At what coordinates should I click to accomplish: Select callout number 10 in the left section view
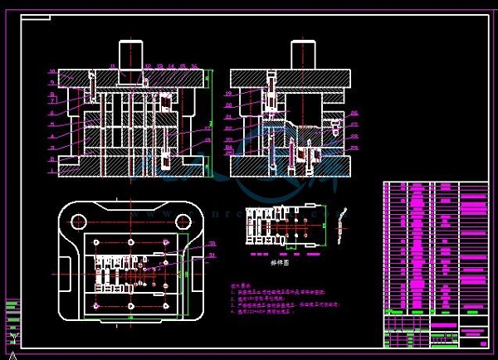51,71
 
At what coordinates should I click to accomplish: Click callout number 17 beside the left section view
208,128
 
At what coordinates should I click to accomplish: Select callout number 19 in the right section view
228,94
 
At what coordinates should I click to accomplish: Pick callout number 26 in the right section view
354,112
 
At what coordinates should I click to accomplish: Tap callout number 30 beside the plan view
212,244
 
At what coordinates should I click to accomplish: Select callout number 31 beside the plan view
212,255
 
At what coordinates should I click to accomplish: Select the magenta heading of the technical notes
240,281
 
